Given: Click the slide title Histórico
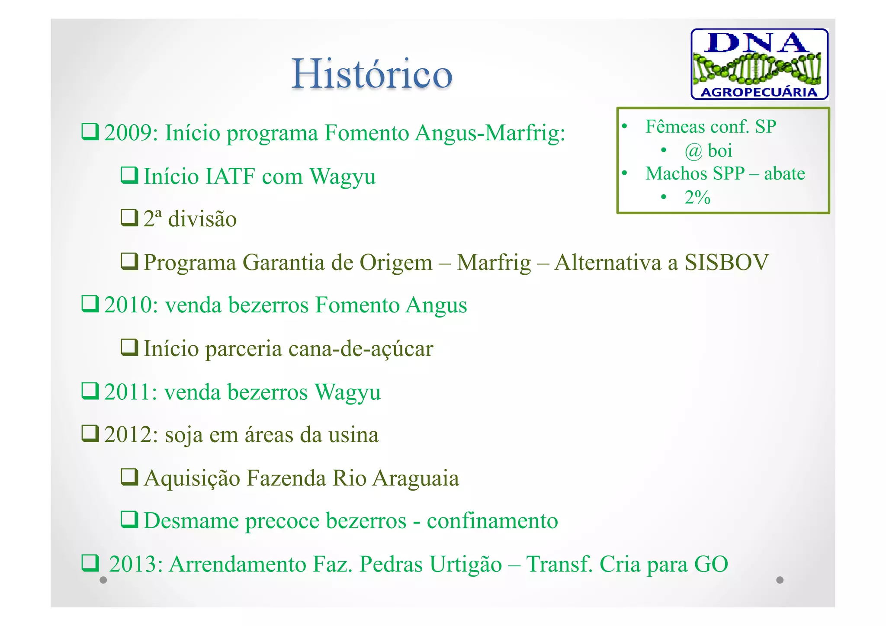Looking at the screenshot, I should (372, 74).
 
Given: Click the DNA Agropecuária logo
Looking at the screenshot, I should (759, 64).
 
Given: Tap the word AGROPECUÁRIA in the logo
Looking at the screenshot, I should (759, 92).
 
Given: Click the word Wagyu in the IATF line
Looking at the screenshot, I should (342, 177).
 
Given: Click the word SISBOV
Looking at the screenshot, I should (726, 263).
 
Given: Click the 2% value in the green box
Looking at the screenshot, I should (697, 198).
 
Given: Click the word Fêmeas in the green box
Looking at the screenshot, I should (675, 127).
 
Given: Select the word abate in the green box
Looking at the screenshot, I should (784, 174).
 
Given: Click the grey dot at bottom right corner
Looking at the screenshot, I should (780, 580).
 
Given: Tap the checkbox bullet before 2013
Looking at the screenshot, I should (90, 563).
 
